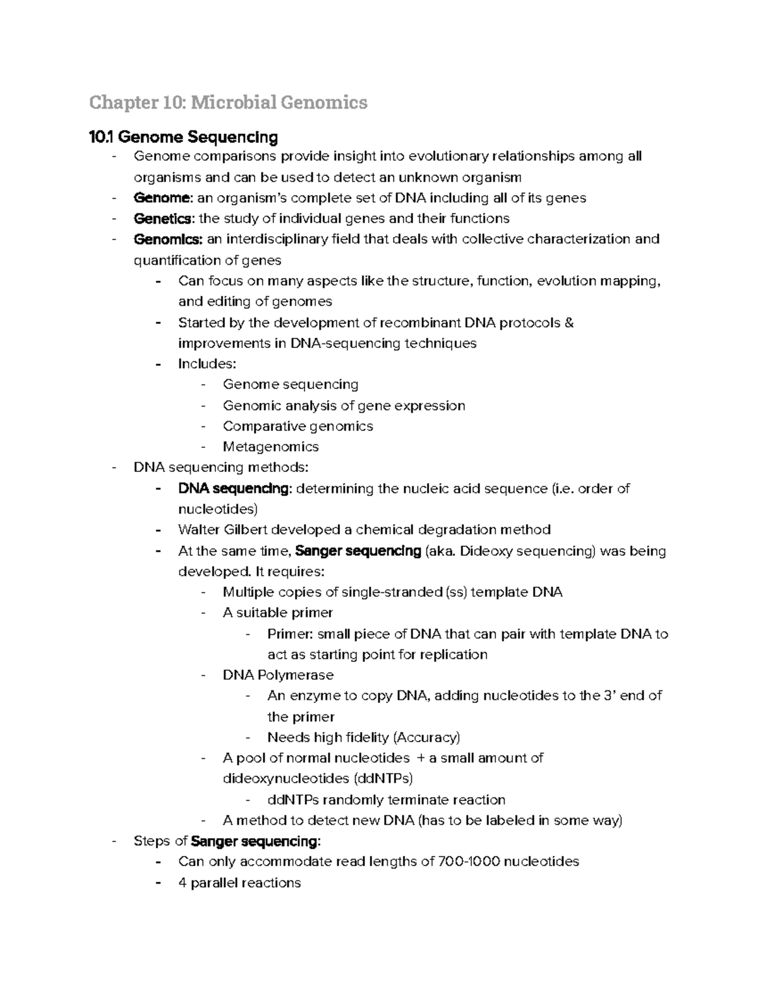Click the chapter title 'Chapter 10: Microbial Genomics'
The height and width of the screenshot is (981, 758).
228,102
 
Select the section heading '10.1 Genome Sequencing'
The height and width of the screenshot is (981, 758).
184,137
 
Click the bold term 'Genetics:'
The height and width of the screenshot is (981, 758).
164,219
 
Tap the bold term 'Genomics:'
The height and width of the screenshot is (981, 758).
168,239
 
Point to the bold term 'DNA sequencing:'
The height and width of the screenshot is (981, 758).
235,489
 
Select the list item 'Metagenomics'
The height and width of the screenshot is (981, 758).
270,447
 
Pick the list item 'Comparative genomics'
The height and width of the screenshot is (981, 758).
298,426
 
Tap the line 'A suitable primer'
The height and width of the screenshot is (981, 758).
277,613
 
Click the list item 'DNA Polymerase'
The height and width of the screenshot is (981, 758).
278,675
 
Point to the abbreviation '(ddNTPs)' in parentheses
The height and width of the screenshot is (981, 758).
383,778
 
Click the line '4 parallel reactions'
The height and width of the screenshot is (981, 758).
239,882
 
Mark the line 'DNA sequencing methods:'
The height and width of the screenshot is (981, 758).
221,467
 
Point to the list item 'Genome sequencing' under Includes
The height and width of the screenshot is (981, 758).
291,385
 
